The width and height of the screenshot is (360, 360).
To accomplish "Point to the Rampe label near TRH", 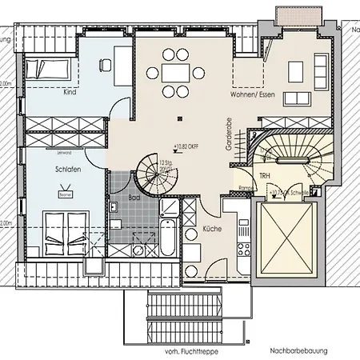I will tap(248, 189).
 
